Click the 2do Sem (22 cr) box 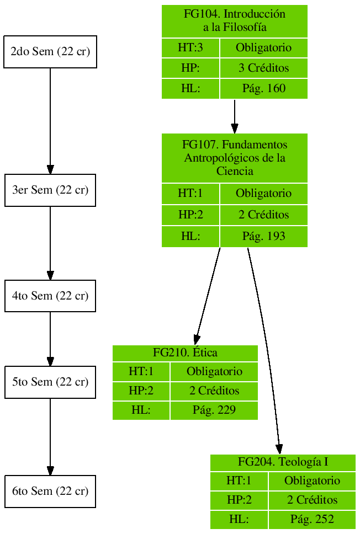pos(50,52)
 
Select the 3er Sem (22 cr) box pos(50,190)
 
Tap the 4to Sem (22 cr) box pos(50,296)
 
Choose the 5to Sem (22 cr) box pos(50,382)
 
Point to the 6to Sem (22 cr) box pos(50,491)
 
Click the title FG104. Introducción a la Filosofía pos(234,21)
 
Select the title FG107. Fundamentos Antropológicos pos(234,158)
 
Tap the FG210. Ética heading pos(185,353)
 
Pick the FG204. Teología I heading pos(283,462)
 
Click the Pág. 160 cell pos(263,89)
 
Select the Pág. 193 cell pos(263,237)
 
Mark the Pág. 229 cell pos(214,410)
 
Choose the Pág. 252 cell pos(312,520)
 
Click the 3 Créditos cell pos(263,69)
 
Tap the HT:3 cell pos(190,48)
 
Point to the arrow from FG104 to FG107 pos(235,116)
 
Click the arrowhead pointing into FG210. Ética pos(197,339)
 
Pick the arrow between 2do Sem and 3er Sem pos(50,121)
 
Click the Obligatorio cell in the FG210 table pos(214,371)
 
